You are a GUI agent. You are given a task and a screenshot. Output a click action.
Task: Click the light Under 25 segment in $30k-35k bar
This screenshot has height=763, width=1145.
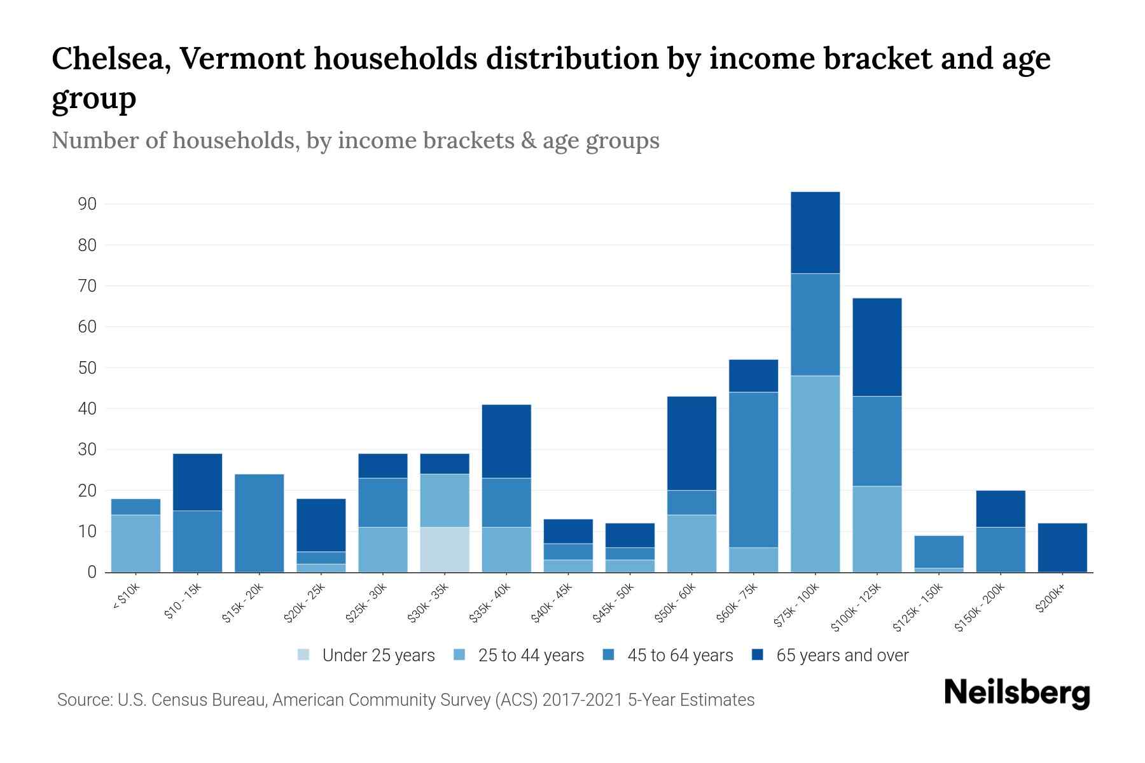(x=444, y=549)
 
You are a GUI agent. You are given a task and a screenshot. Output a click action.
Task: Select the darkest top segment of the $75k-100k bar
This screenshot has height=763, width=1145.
(x=815, y=233)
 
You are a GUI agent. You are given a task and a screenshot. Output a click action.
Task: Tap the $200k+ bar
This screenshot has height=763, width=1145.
(x=1062, y=547)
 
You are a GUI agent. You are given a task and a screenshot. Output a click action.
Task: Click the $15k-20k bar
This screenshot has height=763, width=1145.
(x=259, y=523)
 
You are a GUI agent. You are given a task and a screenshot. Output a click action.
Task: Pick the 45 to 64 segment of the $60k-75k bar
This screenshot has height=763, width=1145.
(x=753, y=469)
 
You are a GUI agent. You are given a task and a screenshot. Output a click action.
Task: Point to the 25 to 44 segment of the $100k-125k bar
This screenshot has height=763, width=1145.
(x=877, y=529)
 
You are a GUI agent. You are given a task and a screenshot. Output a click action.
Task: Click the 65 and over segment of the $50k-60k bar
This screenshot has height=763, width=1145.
(x=691, y=443)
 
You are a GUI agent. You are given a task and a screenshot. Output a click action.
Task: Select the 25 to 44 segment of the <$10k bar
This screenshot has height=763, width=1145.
(x=135, y=543)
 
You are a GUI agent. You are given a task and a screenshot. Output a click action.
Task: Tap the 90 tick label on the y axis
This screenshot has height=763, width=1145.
(x=87, y=204)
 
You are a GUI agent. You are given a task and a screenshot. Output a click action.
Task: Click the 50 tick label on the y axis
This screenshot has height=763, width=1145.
(x=87, y=368)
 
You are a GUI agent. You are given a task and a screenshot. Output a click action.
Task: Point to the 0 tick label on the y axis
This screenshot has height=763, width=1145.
(x=92, y=572)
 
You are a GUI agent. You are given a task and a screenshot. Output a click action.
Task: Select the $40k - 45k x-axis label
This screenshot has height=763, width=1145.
(x=552, y=604)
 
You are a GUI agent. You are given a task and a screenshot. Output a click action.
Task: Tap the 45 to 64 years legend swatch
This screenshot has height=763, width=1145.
(x=609, y=655)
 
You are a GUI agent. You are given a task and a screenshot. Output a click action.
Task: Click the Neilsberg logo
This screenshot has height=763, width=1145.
(x=1017, y=694)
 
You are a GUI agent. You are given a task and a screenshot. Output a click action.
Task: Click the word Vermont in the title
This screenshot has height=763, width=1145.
(x=242, y=58)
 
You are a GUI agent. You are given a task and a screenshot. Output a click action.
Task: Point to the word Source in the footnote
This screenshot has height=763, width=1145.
(x=83, y=700)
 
